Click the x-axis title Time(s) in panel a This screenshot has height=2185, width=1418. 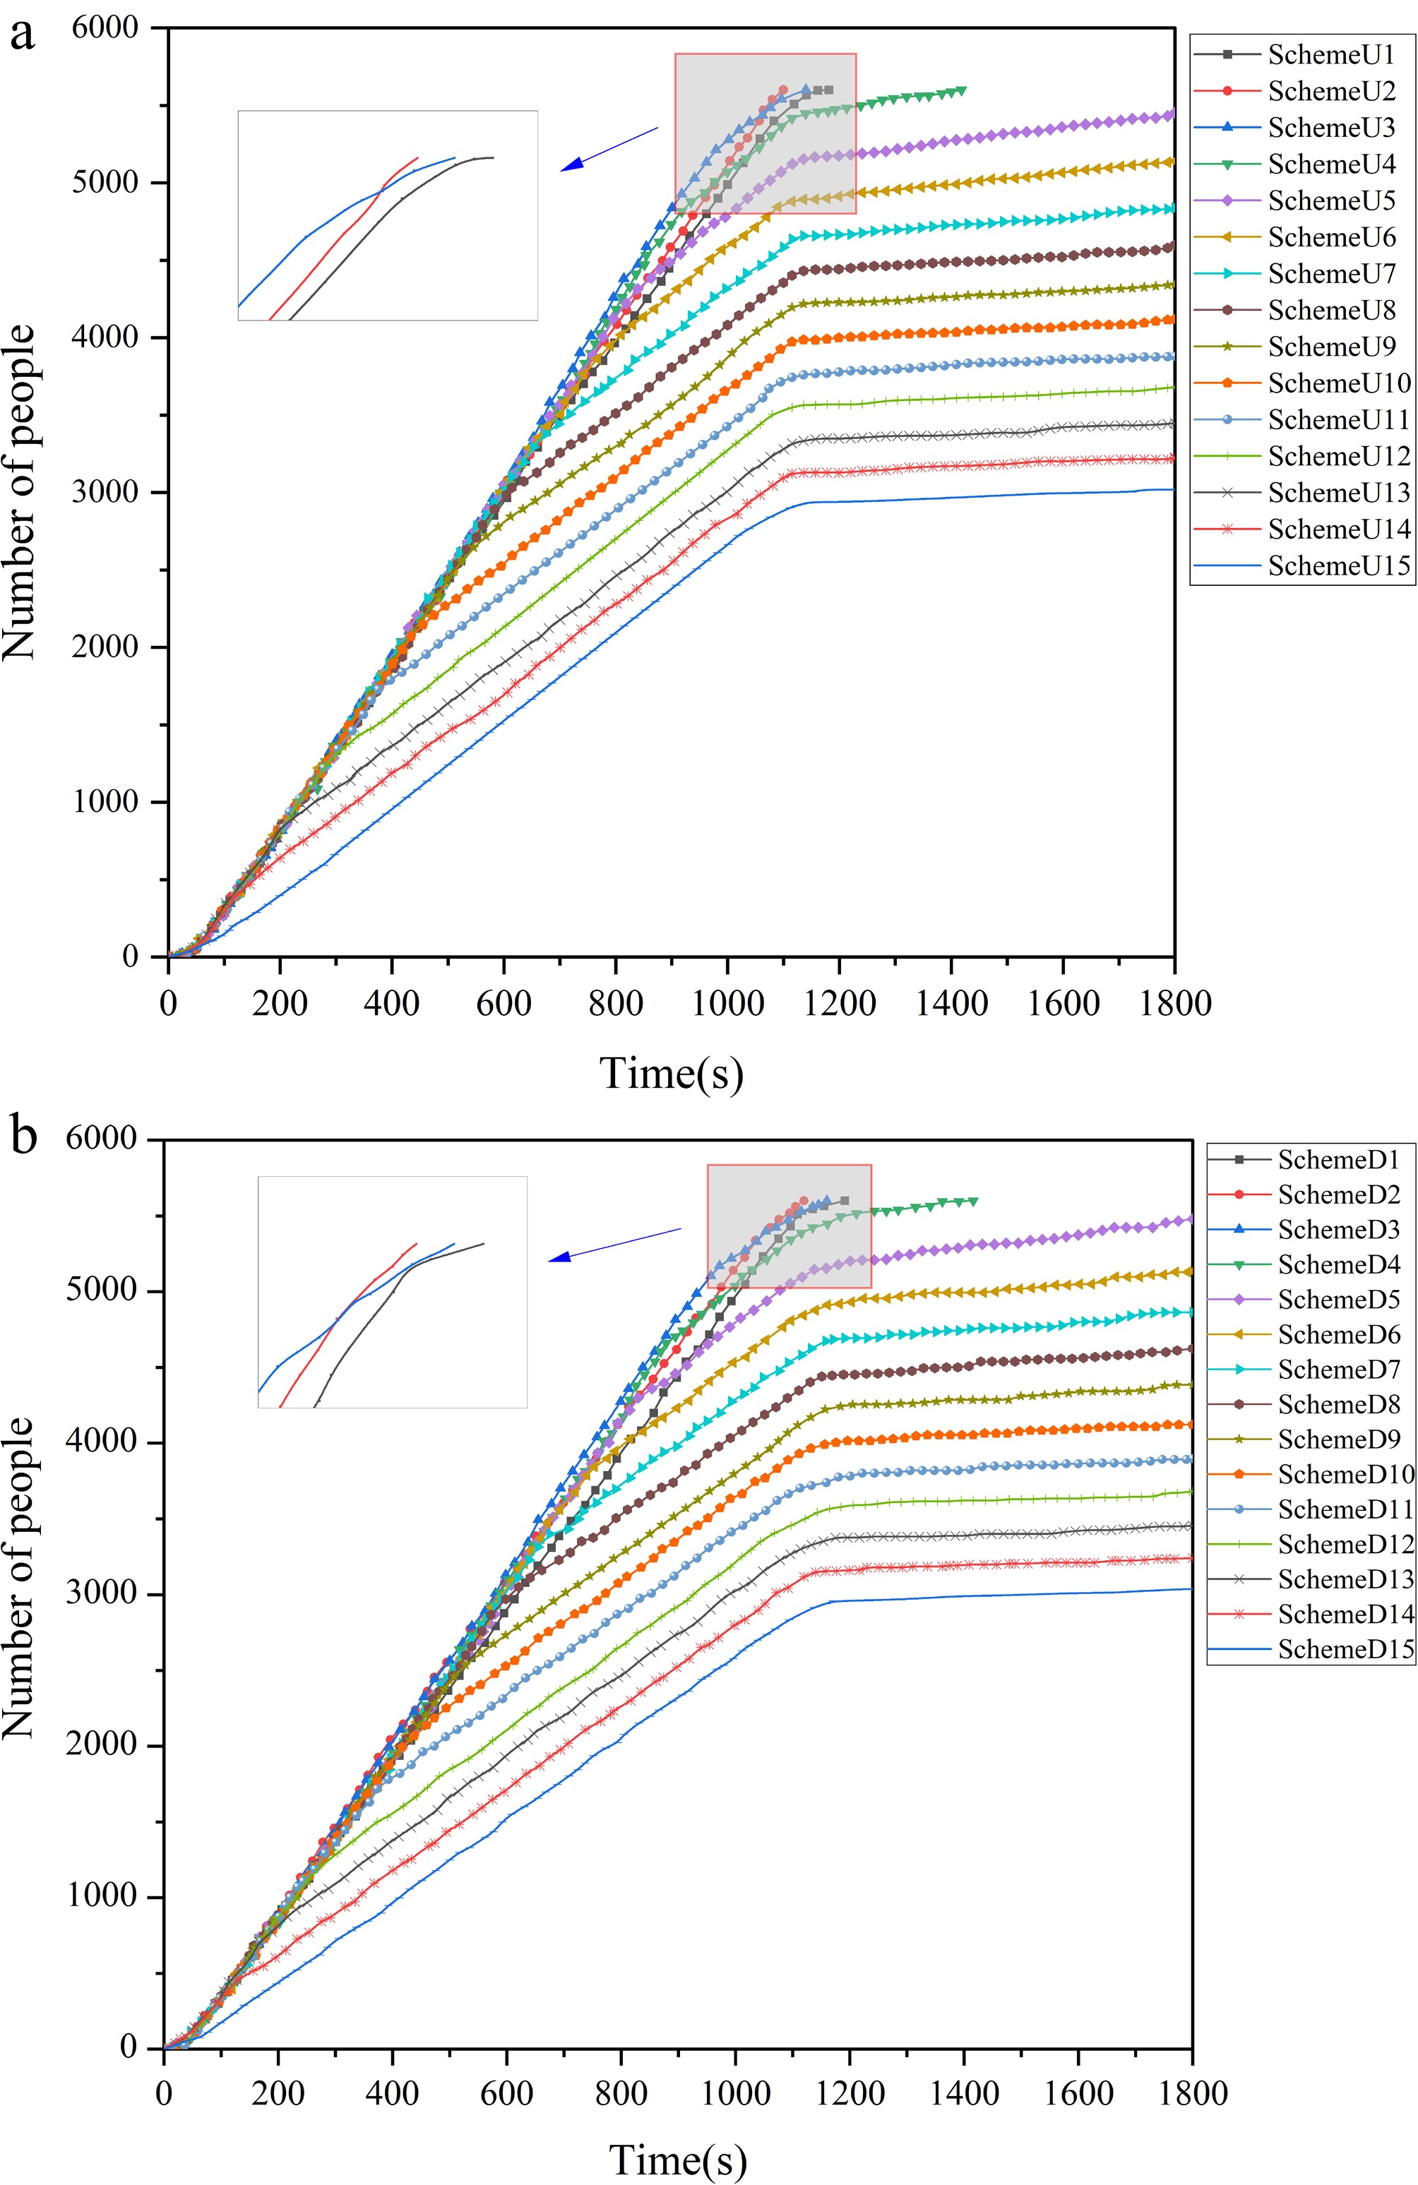pos(672,1072)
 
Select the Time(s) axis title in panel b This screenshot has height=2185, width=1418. pos(678,2160)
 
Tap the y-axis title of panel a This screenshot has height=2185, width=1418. pos(20,492)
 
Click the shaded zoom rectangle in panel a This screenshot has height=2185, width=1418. pos(765,133)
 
